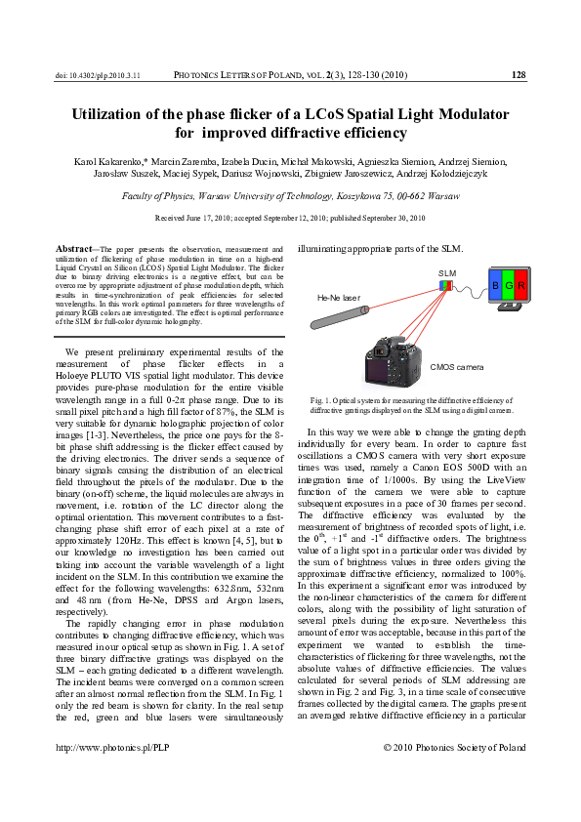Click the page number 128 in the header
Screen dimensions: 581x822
(519, 74)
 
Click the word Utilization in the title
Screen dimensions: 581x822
(115, 114)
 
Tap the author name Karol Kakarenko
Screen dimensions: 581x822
(110, 160)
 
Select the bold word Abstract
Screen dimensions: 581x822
(74, 250)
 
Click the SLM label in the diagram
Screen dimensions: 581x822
(447, 272)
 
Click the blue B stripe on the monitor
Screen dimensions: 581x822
(496, 285)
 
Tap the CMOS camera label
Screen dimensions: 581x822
(455, 368)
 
